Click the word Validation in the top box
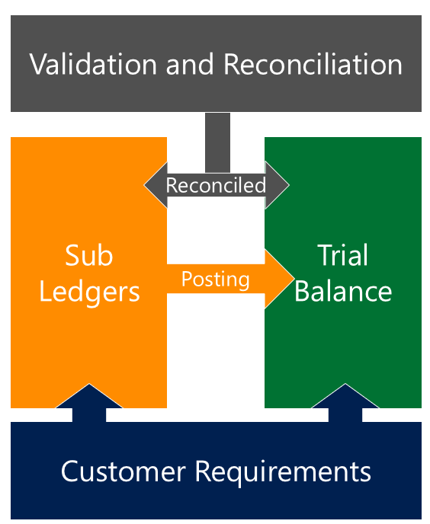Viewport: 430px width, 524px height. tap(93, 64)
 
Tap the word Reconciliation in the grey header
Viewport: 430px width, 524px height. tap(313, 64)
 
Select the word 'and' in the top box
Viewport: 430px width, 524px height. tap(190, 64)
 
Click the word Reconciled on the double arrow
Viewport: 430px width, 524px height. tap(217, 185)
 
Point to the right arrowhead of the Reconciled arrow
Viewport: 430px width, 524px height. tap(277, 185)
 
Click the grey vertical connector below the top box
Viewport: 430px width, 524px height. tap(217, 142)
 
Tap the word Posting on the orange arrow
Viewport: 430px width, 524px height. tap(216, 280)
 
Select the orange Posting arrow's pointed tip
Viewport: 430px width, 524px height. tap(294, 278)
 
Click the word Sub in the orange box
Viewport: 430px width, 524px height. tap(89, 255)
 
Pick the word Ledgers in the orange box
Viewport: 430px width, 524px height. tap(89, 292)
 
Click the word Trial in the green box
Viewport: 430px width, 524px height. tap(342, 255)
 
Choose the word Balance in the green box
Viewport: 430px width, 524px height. tap(343, 291)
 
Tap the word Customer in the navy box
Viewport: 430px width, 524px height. tap(124, 471)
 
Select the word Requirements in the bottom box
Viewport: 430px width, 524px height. tap(283, 472)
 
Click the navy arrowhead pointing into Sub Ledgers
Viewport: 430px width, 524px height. tap(89, 396)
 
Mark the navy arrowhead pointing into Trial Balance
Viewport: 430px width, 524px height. tap(345, 396)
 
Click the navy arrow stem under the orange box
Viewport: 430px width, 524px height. tap(89, 415)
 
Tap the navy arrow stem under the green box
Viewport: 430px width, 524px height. tap(345, 415)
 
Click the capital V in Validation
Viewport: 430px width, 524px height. tap(39, 64)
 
